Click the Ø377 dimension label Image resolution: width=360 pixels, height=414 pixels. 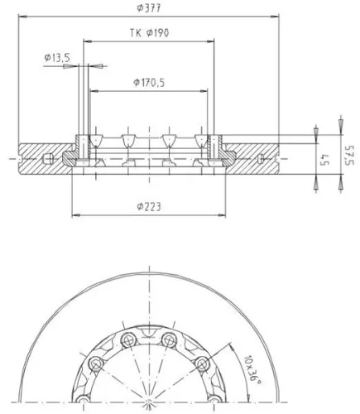pos(149,8)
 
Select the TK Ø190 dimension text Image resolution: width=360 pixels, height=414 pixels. pos(149,33)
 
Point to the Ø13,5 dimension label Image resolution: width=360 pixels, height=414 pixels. pos(57,58)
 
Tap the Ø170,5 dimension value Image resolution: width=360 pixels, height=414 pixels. pos(149,82)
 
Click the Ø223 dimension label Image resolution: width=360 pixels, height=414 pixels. pos(149,206)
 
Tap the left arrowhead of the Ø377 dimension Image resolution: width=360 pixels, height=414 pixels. pos(22,17)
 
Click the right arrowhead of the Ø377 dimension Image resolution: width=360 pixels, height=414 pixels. pos(275,17)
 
